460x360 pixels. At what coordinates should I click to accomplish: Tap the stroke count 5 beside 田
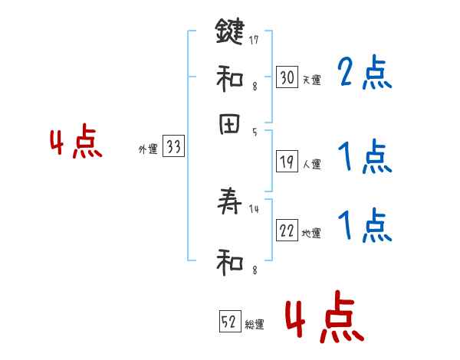click(x=255, y=132)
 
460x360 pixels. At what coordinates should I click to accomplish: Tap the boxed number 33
click(x=173, y=148)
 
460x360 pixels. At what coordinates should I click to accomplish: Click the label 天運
click(x=311, y=80)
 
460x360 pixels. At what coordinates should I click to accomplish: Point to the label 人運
click(x=311, y=164)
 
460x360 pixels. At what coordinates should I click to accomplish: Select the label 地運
click(x=311, y=233)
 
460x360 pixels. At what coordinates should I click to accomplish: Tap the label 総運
click(x=255, y=324)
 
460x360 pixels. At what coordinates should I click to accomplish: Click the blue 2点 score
click(x=364, y=74)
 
